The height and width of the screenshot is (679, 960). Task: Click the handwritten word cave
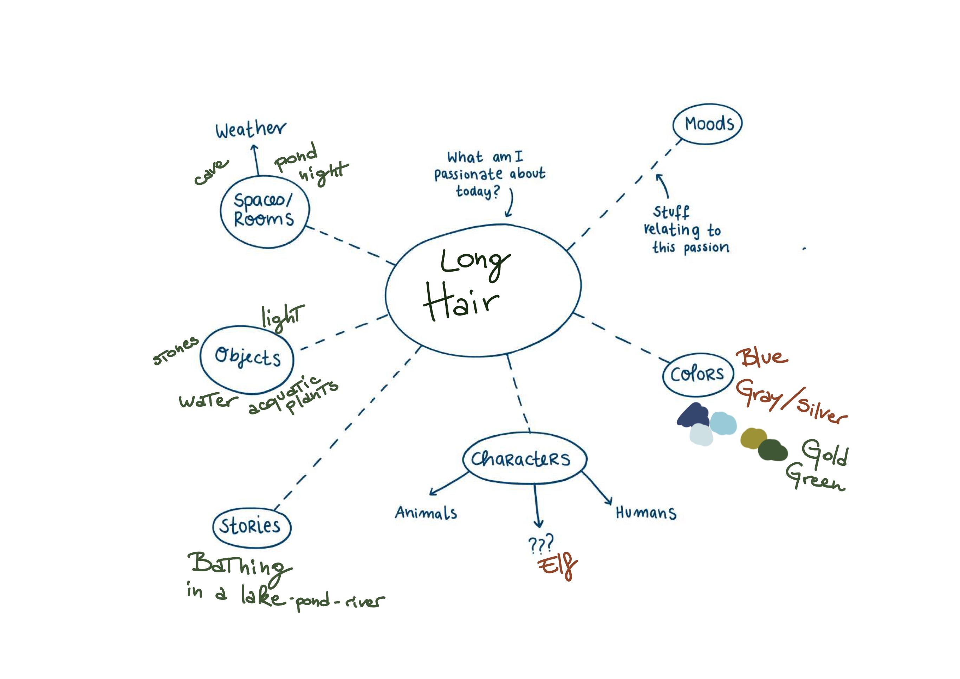coord(211,172)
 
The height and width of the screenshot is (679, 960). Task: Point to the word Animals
coord(426,513)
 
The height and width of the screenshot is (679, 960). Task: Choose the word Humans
coord(646,513)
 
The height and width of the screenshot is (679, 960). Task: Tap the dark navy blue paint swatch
coord(693,415)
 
